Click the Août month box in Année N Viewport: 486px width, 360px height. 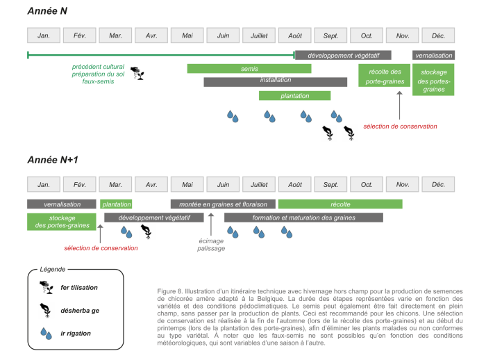[295, 35]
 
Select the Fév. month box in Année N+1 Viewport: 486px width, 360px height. [79, 184]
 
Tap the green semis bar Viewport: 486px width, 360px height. [249, 69]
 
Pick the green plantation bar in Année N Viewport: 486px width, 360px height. [294, 96]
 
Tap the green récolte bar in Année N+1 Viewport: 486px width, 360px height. [340, 204]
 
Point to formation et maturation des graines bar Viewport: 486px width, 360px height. [303, 218]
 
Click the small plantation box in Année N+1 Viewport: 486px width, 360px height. [115, 204]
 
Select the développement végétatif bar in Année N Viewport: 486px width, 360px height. [343, 55]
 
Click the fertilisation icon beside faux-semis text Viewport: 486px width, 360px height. [139, 72]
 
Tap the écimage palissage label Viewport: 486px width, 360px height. [211, 245]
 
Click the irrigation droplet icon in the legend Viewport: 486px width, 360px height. [47, 334]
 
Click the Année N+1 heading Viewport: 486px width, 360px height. [53, 160]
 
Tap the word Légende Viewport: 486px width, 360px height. [52, 269]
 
